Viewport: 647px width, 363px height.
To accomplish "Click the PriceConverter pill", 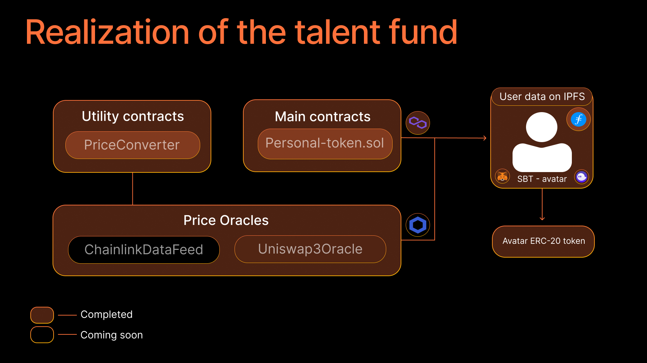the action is (x=132, y=145).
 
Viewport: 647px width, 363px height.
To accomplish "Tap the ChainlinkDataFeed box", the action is (x=144, y=250).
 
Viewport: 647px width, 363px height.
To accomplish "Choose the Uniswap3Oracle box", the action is (x=310, y=249).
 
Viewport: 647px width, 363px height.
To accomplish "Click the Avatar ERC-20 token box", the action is (x=543, y=241).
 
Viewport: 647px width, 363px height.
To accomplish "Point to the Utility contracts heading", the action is (x=133, y=117).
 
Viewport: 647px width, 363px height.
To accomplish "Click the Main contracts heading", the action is (x=322, y=117).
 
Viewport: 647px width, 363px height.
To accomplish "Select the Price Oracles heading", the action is (x=226, y=221).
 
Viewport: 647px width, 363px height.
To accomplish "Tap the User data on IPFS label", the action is (x=542, y=97).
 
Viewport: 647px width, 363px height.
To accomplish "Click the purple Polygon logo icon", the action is (x=418, y=123).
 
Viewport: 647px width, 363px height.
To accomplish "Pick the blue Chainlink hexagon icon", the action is (x=418, y=225).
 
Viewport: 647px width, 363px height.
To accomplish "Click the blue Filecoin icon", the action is (x=579, y=119).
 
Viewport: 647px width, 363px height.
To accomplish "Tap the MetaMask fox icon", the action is (x=502, y=176).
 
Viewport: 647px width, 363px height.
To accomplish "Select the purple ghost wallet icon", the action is (x=582, y=176).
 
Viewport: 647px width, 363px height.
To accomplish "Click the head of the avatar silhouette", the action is (x=542, y=127).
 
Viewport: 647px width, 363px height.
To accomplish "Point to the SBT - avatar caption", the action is (x=542, y=179).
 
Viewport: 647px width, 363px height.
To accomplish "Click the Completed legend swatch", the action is (x=42, y=315).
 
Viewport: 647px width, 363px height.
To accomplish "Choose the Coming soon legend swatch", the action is (x=42, y=335).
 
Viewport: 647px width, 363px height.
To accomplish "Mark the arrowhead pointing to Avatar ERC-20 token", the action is (x=542, y=219).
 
